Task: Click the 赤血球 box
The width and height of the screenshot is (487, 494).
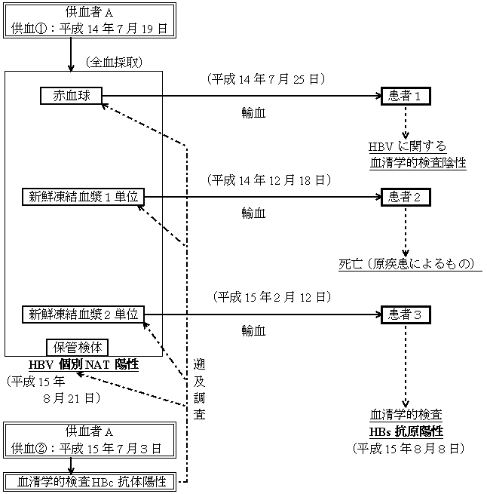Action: point(70,96)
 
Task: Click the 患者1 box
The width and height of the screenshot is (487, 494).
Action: point(406,96)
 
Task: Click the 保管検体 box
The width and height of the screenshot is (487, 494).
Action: point(78,347)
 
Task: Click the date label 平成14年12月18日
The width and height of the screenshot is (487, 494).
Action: point(268,180)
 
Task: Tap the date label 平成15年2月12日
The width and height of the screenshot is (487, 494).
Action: point(268,296)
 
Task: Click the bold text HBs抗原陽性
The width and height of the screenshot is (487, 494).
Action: point(406,431)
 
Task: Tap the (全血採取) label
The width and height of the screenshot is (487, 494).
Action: point(114,60)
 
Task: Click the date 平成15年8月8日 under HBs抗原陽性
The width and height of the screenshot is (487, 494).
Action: point(408,448)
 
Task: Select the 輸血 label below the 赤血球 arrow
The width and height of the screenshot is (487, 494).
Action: point(253,113)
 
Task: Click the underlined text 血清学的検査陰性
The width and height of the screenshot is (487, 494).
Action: point(418,161)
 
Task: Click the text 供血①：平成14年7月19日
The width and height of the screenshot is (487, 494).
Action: point(89,28)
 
